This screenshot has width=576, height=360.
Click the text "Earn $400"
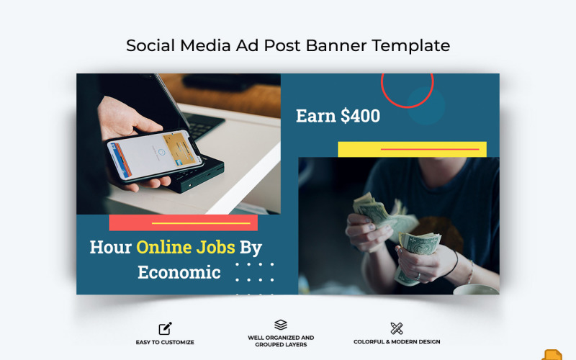[338, 116]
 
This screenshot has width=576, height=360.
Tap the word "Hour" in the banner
[110, 247]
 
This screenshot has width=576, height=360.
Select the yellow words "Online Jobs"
[186, 247]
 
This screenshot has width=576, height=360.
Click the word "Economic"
[179, 272]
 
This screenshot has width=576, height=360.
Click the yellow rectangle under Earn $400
[412, 149]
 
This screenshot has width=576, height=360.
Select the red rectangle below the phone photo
[183, 222]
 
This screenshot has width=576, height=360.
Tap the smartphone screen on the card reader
[154, 153]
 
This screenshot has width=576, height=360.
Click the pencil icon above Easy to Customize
[165, 328]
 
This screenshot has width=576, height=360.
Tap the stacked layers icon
[281, 325]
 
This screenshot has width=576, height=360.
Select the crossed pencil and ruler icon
[397, 328]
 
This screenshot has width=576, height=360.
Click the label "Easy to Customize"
[165, 342]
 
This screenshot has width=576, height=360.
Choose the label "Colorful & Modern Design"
[397, 342]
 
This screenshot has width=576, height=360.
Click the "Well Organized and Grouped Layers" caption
[281, 341]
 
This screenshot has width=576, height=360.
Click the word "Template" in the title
[411, 45]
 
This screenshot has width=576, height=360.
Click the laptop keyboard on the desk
[202, 125]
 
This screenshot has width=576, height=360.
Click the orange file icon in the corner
[552, 354]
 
